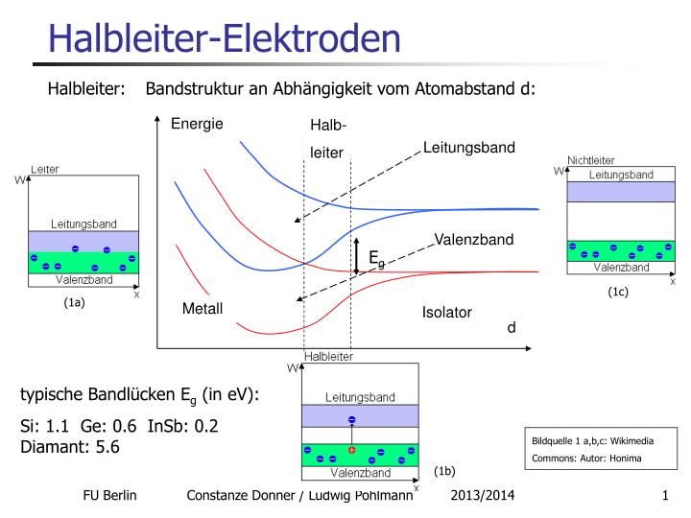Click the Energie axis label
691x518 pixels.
(x=197, y=123)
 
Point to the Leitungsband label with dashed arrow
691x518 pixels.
(x=469, y=147)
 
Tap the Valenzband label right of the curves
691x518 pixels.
(x=474, y=239)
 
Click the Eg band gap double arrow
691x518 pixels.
(x=356, y=256)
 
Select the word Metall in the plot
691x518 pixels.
(x=203, y=309)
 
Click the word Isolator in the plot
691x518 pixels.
(x=446, y=313)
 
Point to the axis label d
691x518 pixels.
(x=512, y=327)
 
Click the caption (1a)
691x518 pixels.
(x=75, y=303)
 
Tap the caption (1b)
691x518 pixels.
(x=443, y=471)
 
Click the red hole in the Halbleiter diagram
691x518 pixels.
(x=352, y=450)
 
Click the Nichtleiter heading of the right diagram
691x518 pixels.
(x=591, y=160)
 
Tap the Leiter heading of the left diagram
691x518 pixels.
(x=45, y=169)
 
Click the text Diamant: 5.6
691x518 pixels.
(x=70, y=446)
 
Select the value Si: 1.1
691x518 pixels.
(x=44, y=426)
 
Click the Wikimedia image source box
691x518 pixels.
(x=592, y=449)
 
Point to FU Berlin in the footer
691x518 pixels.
(x=110, y=495)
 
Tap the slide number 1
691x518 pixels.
(x=664, y=495)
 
